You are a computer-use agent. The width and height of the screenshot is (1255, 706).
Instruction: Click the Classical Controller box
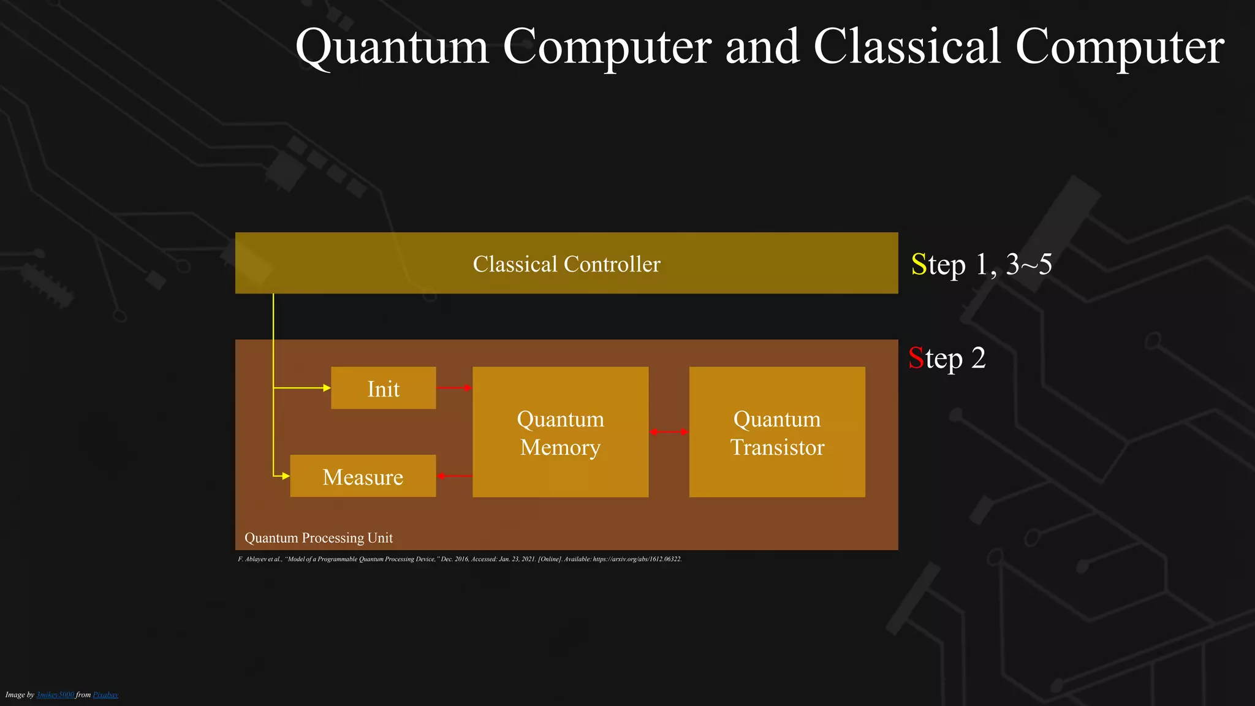tap(566, 264)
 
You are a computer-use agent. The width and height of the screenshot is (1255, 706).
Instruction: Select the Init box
tap(383, 389)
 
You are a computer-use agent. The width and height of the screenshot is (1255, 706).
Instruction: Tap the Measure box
tap(363, 476)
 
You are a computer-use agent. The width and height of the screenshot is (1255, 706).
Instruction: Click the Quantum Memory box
tap(560, 432)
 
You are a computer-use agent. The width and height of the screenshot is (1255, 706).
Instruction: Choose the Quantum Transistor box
tap(777, 432)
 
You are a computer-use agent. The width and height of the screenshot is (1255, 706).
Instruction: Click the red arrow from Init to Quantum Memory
tap(453, 388)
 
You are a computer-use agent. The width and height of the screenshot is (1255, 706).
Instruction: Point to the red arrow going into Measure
tap(454, 476)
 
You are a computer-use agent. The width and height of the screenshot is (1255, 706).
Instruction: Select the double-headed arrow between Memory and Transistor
tap(669, 432)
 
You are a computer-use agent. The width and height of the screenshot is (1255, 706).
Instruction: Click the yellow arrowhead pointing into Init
tap(327, 388)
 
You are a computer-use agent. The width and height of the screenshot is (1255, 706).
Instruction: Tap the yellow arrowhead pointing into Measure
tap(286, 476)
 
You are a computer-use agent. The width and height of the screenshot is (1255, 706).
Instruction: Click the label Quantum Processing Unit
tap(319, 538)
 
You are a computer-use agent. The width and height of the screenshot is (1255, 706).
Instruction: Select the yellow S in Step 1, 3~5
tap(919, 265)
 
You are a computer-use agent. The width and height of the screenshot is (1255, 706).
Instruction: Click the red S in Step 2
tap(916, 359)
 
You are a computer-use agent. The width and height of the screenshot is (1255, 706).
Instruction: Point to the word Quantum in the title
tap(392, 47)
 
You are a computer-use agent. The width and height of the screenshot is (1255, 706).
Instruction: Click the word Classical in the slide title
tap(908, 47)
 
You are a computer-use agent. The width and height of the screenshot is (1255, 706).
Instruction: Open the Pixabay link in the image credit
tap(105, 695)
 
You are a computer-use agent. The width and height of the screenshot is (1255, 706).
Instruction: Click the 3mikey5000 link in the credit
tap(55, 695)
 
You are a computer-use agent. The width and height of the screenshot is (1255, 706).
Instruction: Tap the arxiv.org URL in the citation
tap(637, 560)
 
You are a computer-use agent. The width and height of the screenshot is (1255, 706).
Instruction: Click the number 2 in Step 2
tap(979, 359)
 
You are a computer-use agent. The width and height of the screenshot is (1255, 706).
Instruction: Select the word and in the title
tap(762, 47)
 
